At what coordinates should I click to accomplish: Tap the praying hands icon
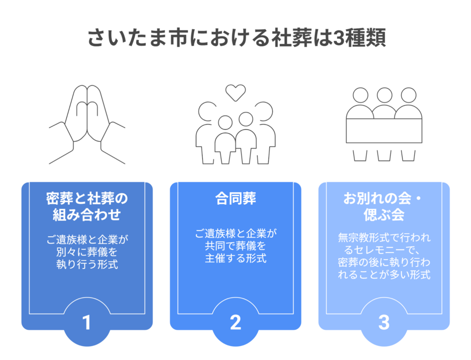tap(87, 124)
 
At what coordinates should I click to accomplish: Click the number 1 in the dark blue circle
tap(86, 323)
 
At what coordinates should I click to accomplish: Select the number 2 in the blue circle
tap(235, 323)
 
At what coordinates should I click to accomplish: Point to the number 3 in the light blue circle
tap(384, 323)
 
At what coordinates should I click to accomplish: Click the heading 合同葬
tap(235, 199)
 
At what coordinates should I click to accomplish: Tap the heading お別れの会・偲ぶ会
tap(384, 207)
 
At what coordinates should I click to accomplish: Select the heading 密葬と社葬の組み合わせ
tap(87, 207)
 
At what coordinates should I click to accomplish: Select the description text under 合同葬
tap(235, 246)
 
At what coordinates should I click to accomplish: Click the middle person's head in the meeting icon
tap(384, 95)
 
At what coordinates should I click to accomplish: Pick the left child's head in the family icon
tap(225, 122)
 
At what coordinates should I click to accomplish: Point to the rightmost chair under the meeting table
tap(408, 155)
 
